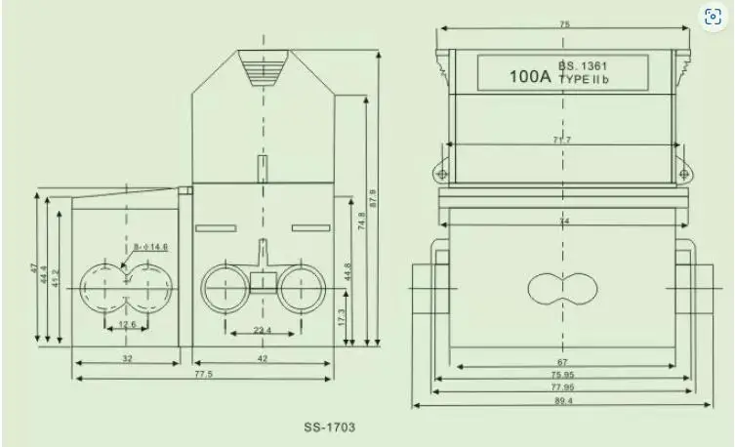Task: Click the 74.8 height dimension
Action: click(361, 223)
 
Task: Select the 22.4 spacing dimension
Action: click(263, 331)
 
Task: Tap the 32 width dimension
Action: click(127, 358)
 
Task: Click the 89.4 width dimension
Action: click(563, 401)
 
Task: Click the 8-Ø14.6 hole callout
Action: click(151, 247)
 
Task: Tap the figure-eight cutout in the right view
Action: click(561, 288)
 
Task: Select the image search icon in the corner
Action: click(714, 18)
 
